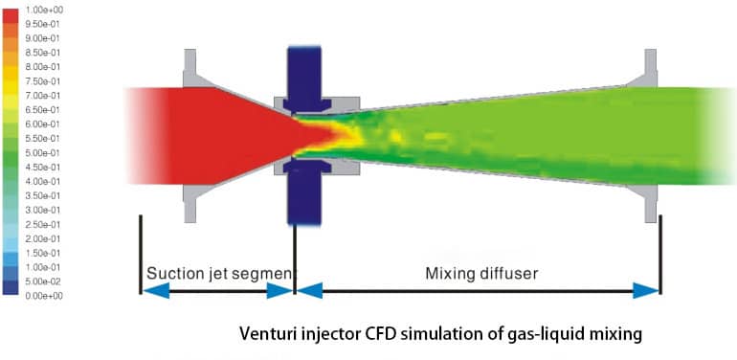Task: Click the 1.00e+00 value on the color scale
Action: tap(45, 9)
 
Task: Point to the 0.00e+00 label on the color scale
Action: tap(45, 295)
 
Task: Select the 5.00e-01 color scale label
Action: tap(45, 152)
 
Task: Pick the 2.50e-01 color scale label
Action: tap(45, 224)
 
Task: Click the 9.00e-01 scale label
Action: tap(45, 37)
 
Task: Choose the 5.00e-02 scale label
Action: tap(45, 281)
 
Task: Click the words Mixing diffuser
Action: tap(481, 273)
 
